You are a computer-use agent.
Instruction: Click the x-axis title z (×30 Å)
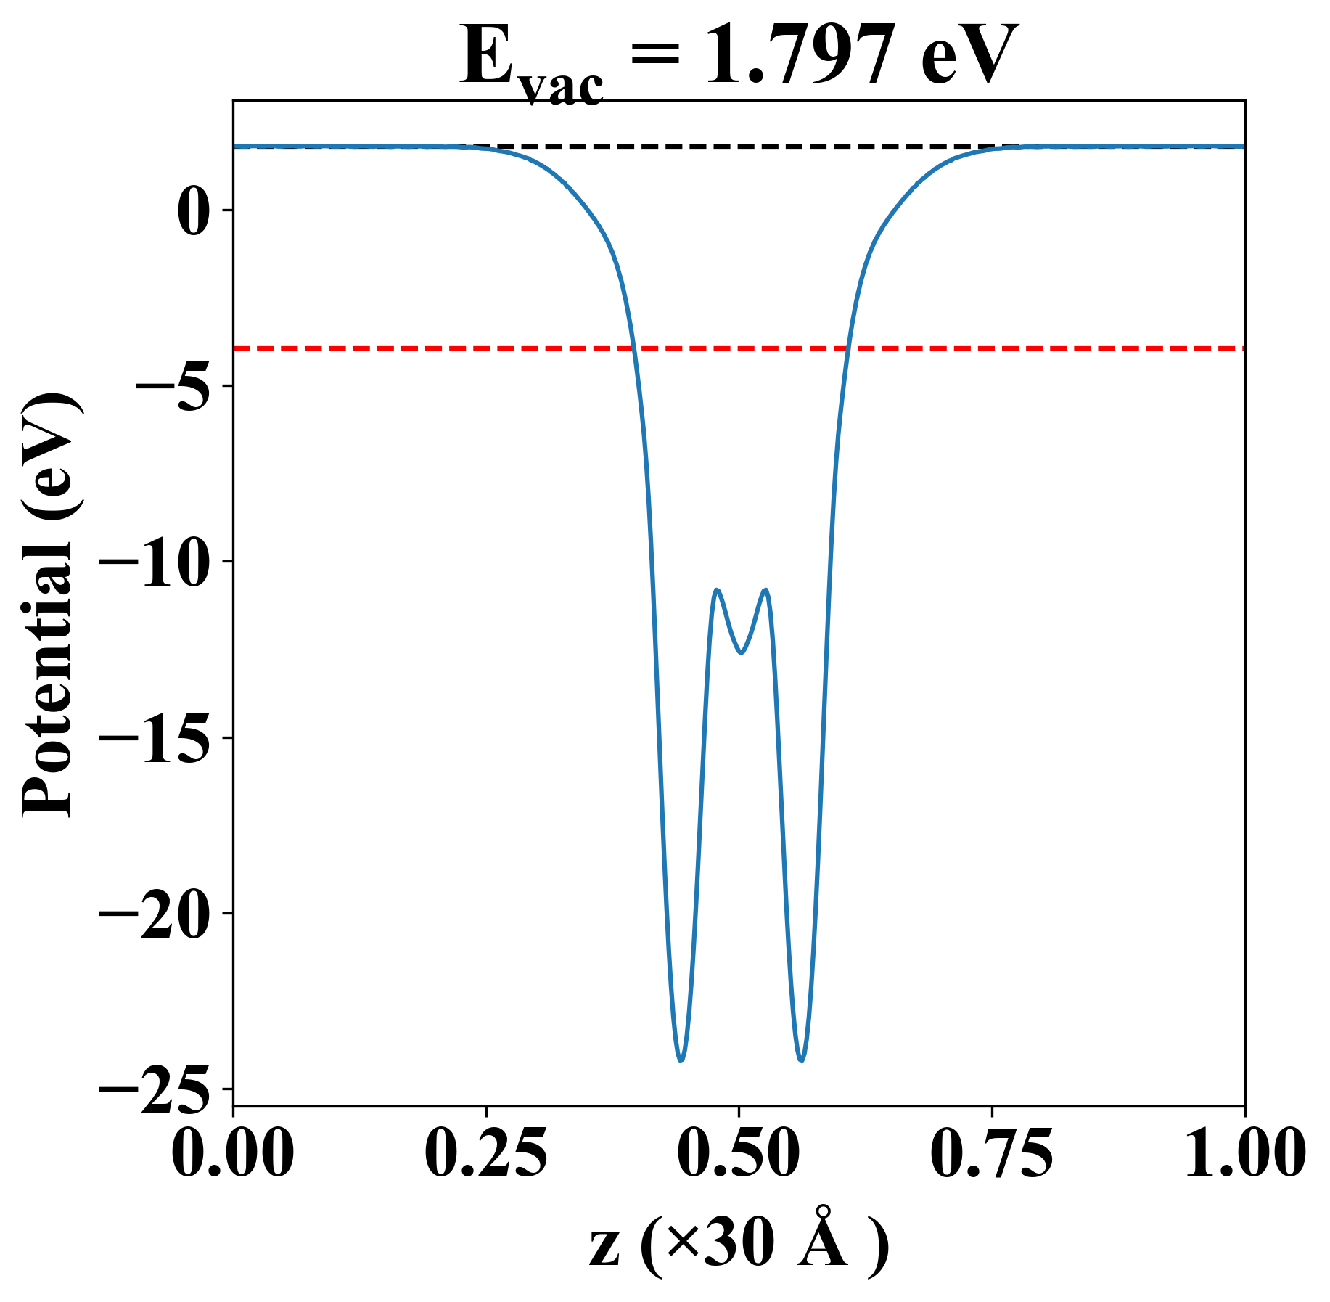click(x=739, y=1248)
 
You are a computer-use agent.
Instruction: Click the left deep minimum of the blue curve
click(x=681, y=1060)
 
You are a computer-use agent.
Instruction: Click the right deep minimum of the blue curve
click(x=801, y=1060)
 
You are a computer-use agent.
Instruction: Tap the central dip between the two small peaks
click(x=741, y=652)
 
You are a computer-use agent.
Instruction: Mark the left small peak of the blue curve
click(x=717, y=590)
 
